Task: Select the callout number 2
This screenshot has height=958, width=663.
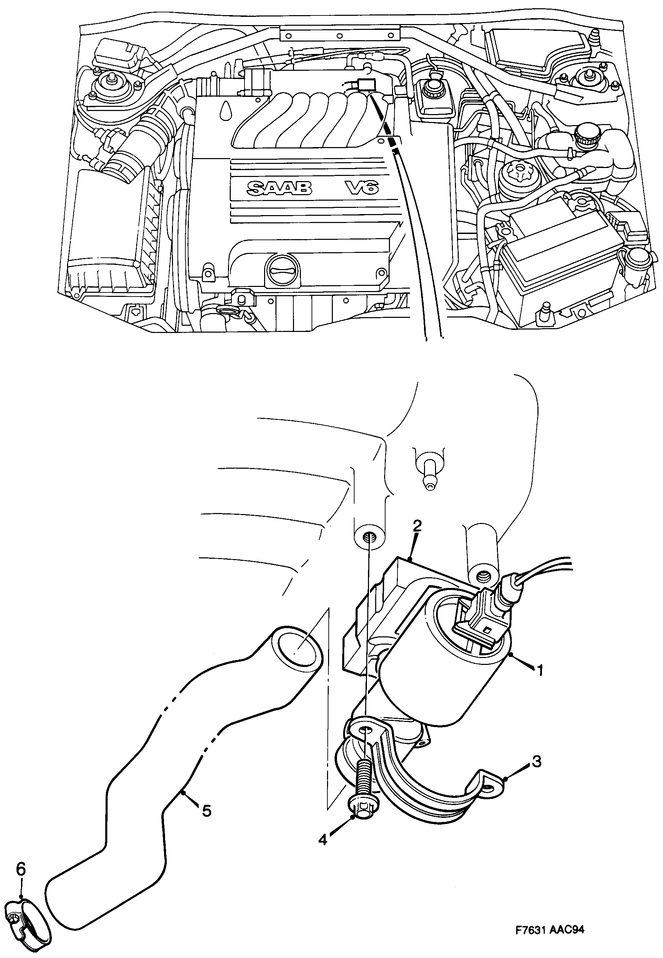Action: (x=417, y=526)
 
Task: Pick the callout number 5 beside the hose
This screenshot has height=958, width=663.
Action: (x=206, y=810)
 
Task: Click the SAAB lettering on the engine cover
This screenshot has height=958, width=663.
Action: (x=279, y=189)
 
